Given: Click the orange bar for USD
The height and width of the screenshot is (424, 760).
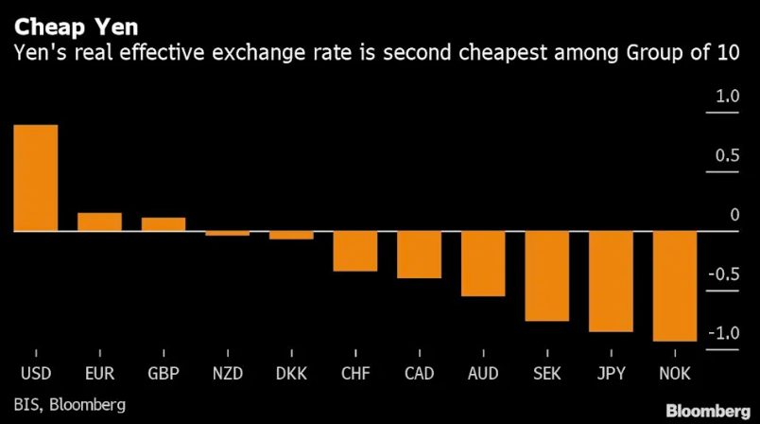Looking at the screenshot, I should click(x=35, y=178).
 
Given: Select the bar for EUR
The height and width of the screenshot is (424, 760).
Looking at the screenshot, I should click(x=99, y=221).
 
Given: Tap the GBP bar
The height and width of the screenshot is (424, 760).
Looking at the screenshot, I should click(x=164, y=224).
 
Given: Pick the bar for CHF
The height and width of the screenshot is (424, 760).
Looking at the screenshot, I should click(x=355, y=251).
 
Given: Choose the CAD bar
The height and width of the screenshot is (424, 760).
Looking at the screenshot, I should click(x=419, y=255).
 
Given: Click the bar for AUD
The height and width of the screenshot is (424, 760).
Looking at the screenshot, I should click(x=483, y=264).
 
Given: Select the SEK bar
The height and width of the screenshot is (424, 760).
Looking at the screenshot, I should click(x=547, y=276).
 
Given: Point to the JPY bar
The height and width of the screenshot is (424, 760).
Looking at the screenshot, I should click(x=611, y=281).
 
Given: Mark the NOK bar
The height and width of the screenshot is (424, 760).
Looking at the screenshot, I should click(x=675, y=286).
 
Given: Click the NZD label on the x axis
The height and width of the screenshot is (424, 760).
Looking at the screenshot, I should click(x=227, y=373).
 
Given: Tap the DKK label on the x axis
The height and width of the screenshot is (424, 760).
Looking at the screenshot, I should click(x=291, y=373).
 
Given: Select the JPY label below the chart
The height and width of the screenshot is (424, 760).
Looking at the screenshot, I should click(x=611, y=373).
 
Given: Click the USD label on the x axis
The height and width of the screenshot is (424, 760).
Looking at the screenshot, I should click(x=35, y=373).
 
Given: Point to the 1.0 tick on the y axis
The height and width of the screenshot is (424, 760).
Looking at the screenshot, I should click(x=726, y=97).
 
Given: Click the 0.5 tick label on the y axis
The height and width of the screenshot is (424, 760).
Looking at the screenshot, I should click(x=726, y=156).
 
